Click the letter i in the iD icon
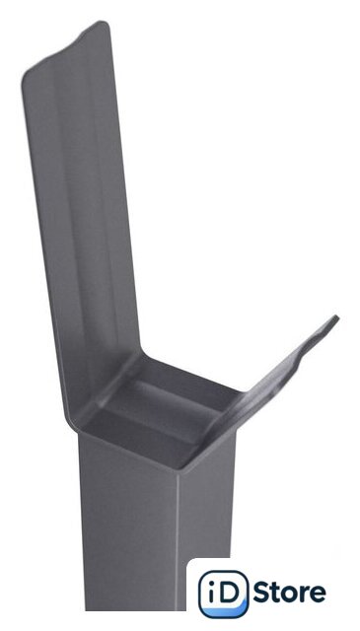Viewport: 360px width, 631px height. [x=211, y=593]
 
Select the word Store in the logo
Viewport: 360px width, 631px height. [x=289, y=593]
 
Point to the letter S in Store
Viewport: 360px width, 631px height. [x=262, y=593]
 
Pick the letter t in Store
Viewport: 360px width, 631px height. [x=276, y=594]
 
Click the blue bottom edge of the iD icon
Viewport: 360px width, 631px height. [x=224, y=612]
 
